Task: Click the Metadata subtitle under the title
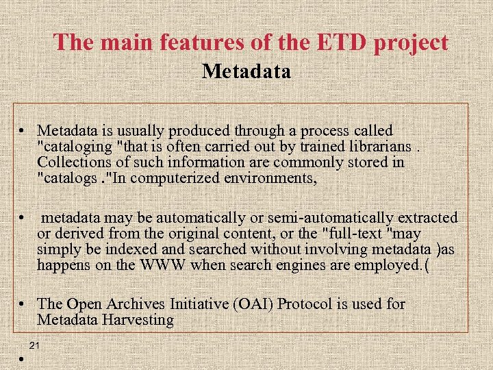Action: coord(246,71)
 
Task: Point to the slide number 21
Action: coord(34,345)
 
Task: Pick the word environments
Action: coord(275,179)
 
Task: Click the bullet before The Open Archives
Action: coord(23,304)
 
